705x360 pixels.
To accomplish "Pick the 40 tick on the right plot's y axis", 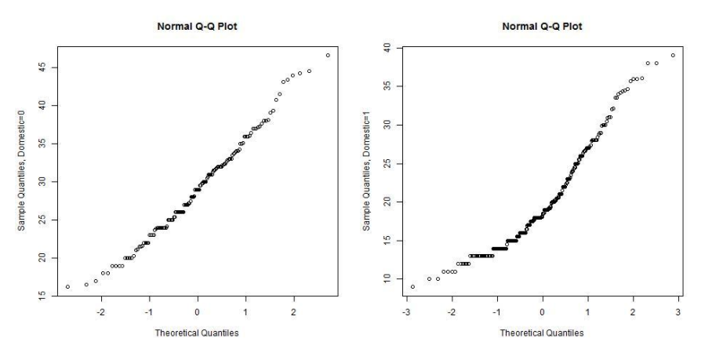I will point(387,48).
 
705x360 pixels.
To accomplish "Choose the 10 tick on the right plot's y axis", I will point(387,278).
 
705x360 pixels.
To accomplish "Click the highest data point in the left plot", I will point(328,55).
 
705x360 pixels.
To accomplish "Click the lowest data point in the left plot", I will point(67,286).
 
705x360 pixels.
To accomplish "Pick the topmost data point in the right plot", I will point(673,55).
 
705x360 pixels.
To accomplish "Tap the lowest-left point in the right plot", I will point(412,286).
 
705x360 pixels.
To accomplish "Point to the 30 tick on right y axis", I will point(387,125).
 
